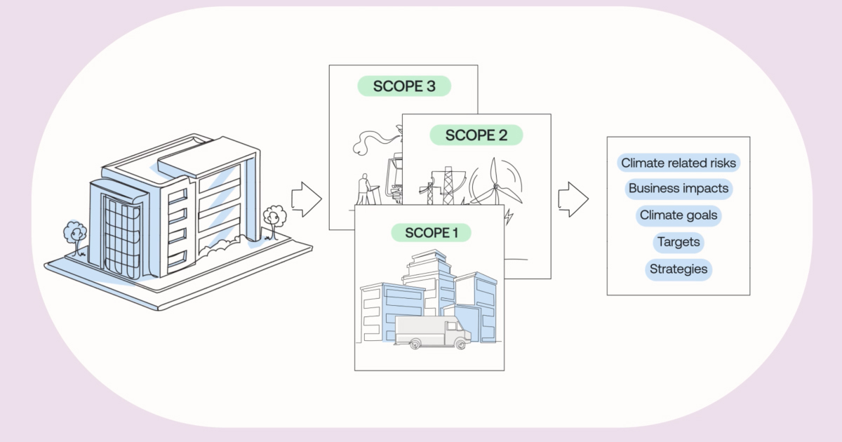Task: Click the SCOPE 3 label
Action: (x=403, y=86)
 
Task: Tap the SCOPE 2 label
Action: (x=476, y=135)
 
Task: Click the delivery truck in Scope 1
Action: (x=432, y=332)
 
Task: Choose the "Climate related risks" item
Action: (x=679, y=163)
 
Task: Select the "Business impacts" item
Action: (x=679, y=189)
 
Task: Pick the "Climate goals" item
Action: (x=679, y=215)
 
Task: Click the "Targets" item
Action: (x=679, y=243)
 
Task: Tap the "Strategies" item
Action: (x=679, y=269)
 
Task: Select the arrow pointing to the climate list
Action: (x=573, y=199)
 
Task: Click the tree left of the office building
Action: (x=74, y=234)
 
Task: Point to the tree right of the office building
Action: (x=274, y=216)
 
